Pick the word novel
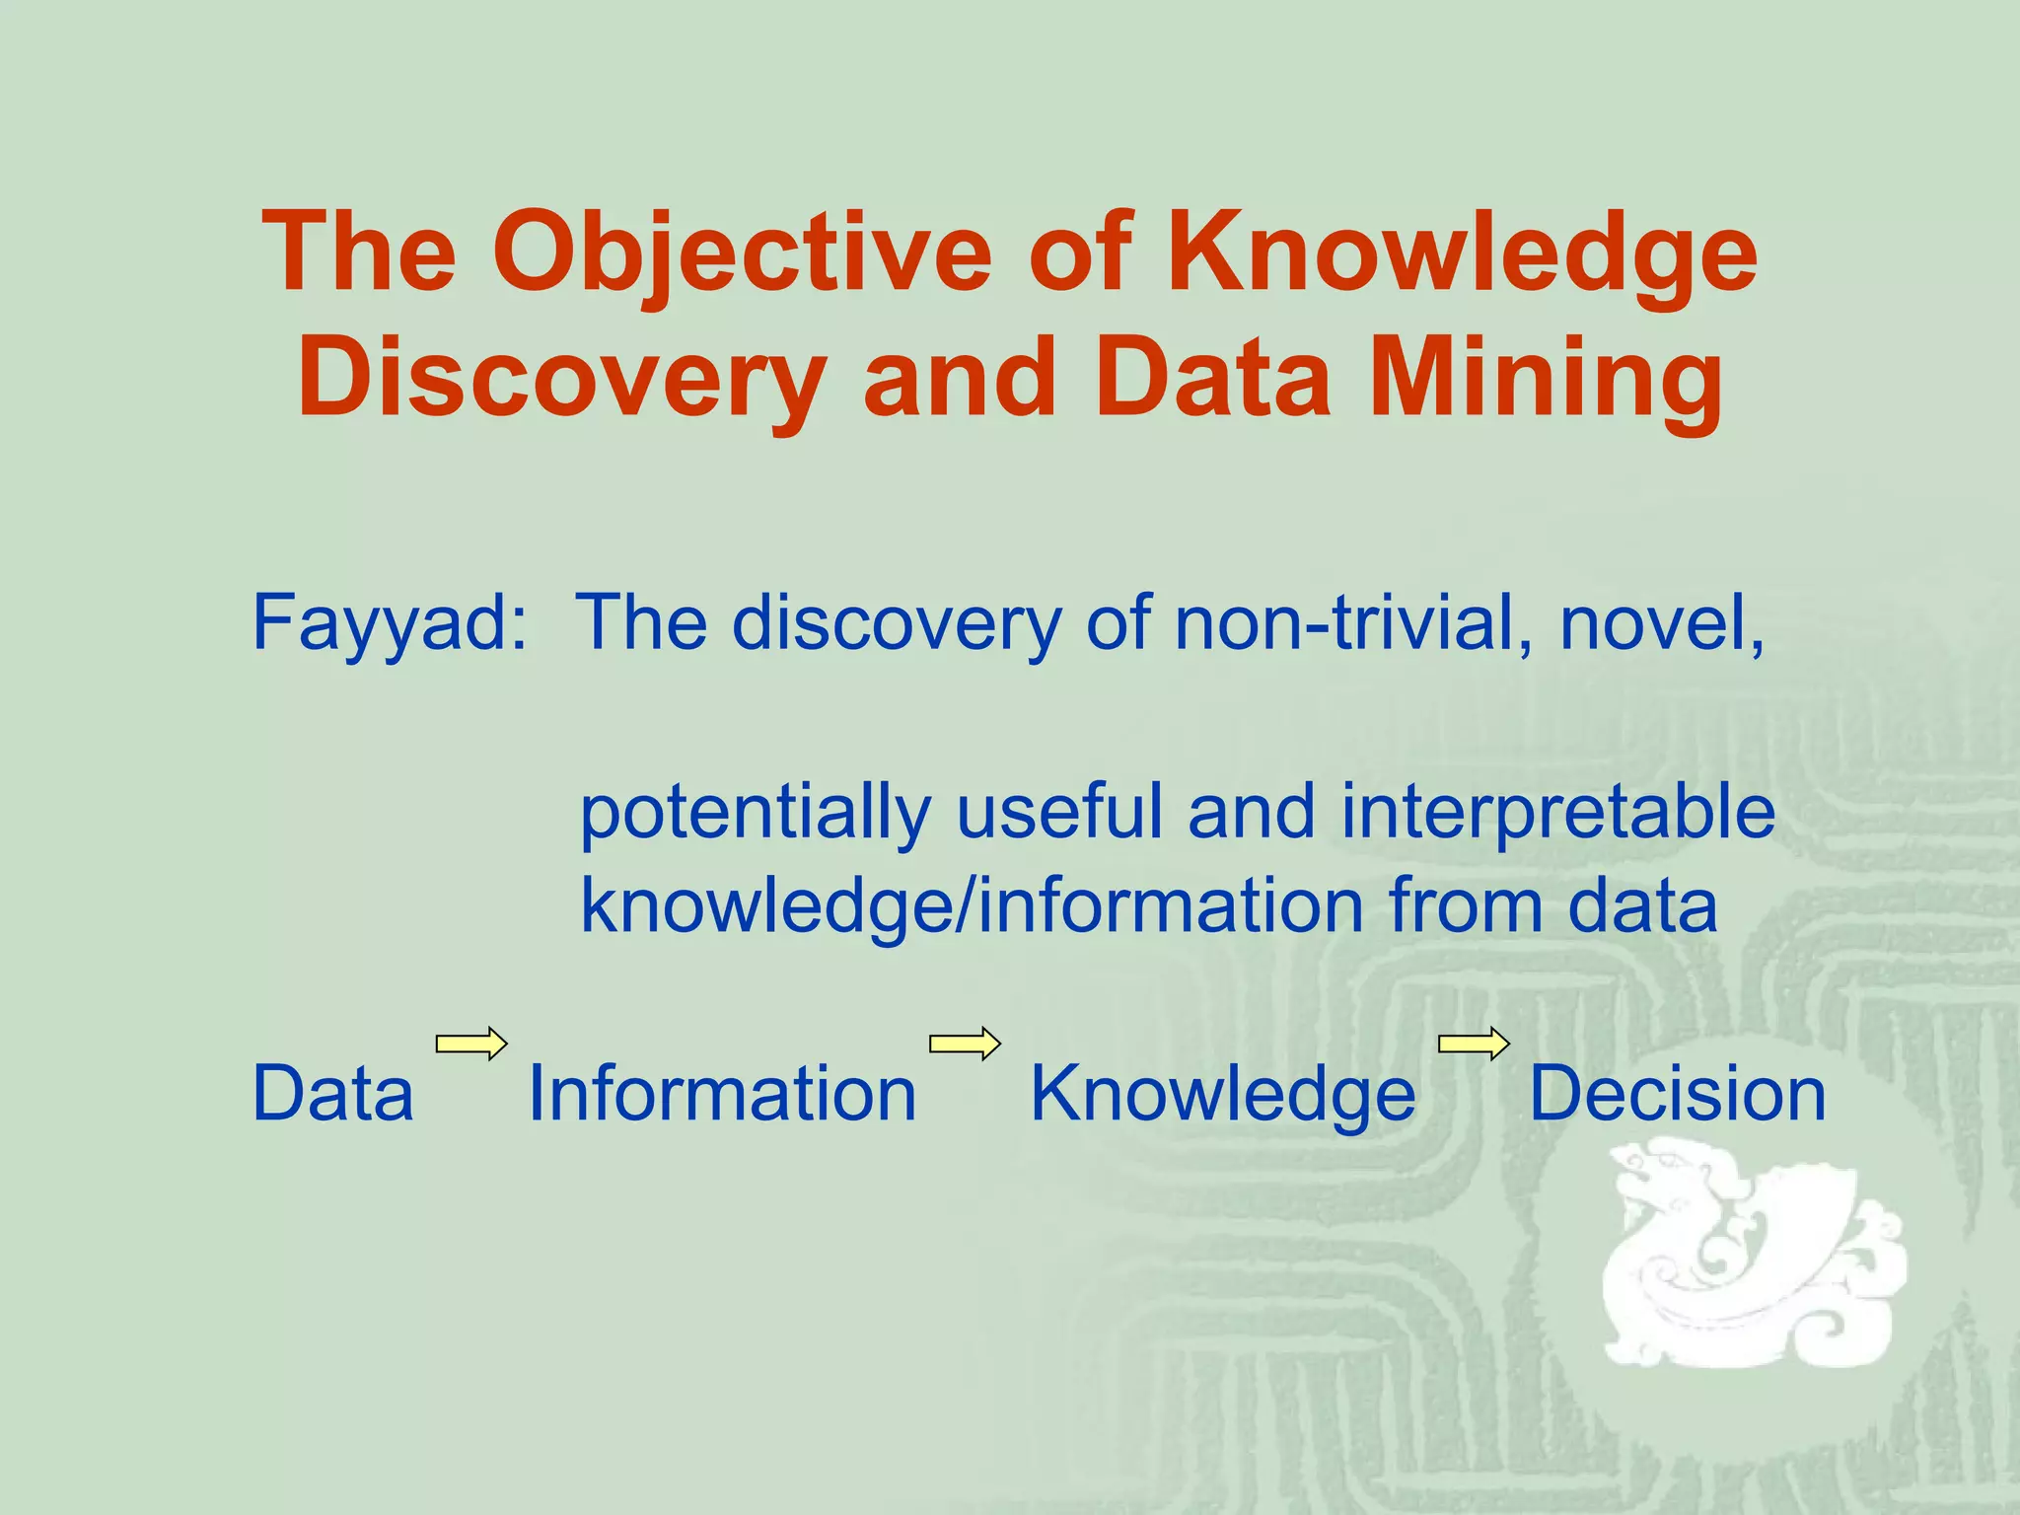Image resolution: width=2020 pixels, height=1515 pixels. [1661, 622]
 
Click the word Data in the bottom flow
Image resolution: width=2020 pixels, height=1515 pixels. [332, 1094]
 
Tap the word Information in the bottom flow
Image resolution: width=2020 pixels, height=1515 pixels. [722, 1094]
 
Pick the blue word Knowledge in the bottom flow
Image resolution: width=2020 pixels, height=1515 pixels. [1222, 1096]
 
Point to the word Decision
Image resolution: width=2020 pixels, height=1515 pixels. [1677, 1094]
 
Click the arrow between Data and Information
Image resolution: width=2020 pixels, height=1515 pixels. [471, 1044]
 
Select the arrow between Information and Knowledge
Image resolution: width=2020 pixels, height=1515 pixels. [965, 1044]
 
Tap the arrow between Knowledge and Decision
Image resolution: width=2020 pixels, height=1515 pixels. [1473, 1044]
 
